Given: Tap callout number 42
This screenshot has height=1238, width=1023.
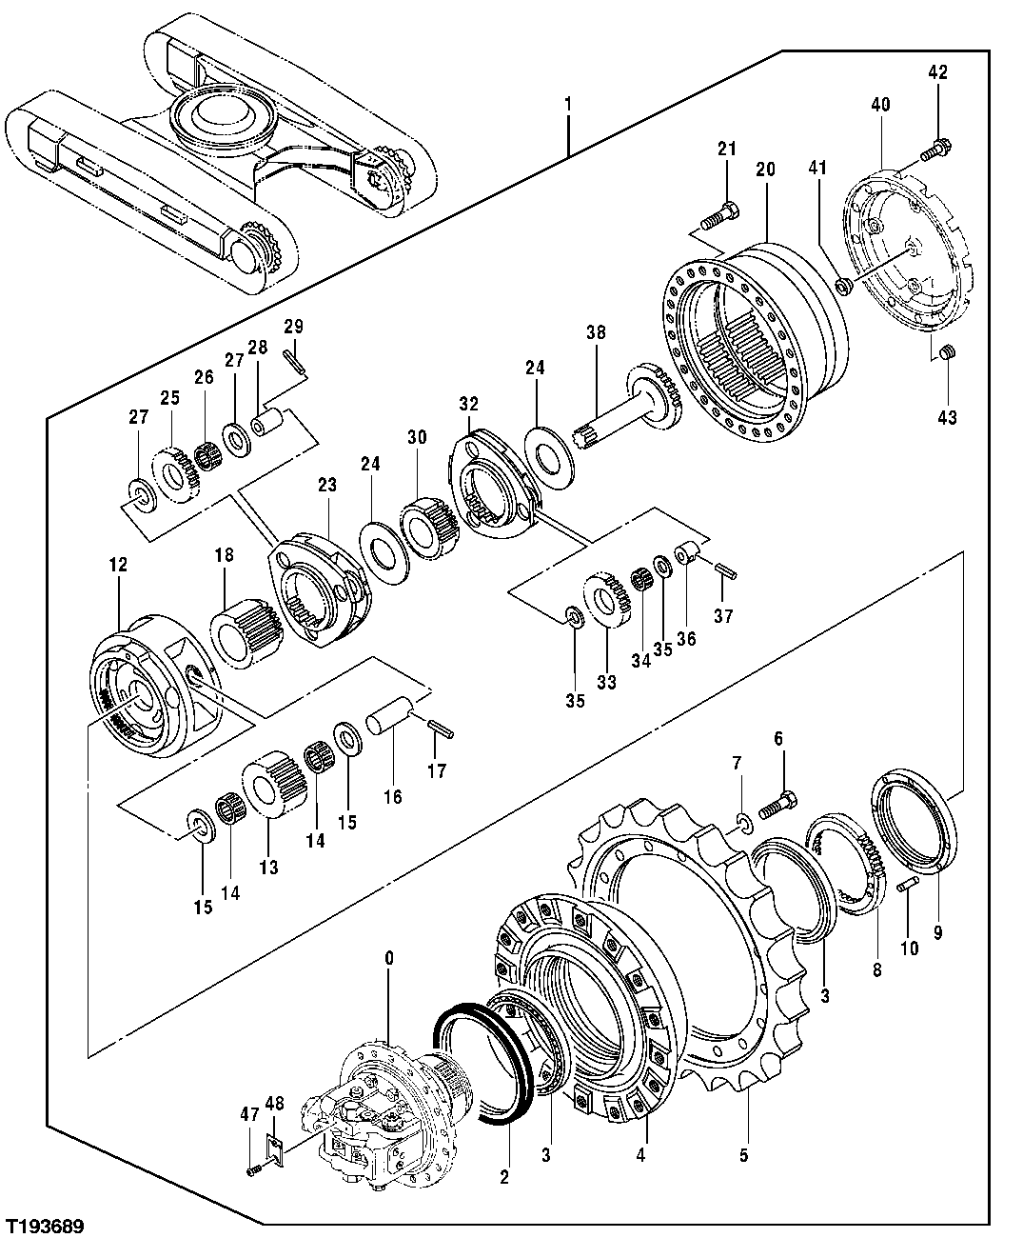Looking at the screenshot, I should click(x=937, y=71).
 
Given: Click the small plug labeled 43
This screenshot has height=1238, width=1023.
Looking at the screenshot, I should click(x=947, y=354).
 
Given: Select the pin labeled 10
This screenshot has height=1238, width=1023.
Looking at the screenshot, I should click(x=907, y=886).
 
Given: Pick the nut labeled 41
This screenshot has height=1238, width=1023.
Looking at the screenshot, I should click(x=841, y=284).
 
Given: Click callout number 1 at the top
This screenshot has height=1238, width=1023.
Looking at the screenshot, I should click(x=568, y=101).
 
